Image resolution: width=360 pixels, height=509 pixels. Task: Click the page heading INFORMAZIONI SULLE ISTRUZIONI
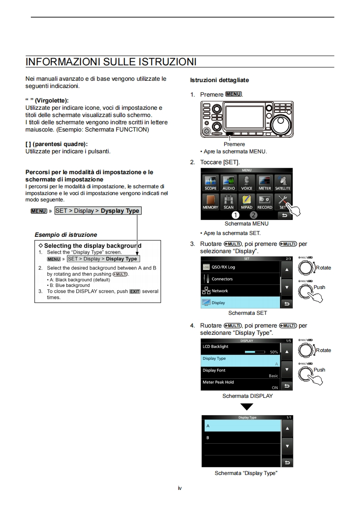(x=111, y=62)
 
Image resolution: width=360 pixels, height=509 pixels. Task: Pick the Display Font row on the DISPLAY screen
(x=241, y=373)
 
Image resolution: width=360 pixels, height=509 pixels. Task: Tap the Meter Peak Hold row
(x=241, y=385)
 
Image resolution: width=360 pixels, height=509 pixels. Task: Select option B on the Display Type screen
(x=241, y=438)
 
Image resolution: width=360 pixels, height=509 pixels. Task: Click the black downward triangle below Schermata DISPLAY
(x=247, y=406)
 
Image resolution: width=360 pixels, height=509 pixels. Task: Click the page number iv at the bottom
(x=180, y=488)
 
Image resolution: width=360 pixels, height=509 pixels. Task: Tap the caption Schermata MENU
(x=247, y=224)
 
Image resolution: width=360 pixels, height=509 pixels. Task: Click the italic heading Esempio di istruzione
(x=66, y=235)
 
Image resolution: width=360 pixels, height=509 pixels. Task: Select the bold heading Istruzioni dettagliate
(x=219, y=80)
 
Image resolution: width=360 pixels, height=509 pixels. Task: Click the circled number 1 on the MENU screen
(x=235, y=215)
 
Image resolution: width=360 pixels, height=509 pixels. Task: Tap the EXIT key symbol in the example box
(x=135, y=292)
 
